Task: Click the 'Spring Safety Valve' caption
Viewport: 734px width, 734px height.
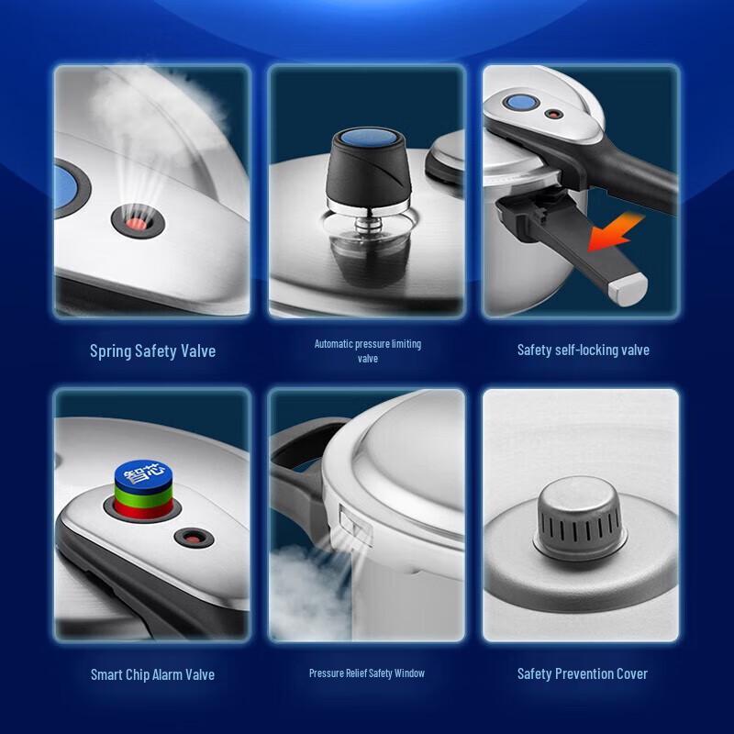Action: tap(152, 350)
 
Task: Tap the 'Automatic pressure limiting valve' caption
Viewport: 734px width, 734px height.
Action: tap(367, 350)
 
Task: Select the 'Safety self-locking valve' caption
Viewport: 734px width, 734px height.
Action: tap(583, 350)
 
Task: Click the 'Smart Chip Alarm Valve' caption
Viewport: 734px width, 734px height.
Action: tap(152, 674)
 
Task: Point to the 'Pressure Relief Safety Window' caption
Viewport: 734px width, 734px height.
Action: tap(367, 673)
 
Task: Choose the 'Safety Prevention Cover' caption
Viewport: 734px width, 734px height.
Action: tap(583, 674)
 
